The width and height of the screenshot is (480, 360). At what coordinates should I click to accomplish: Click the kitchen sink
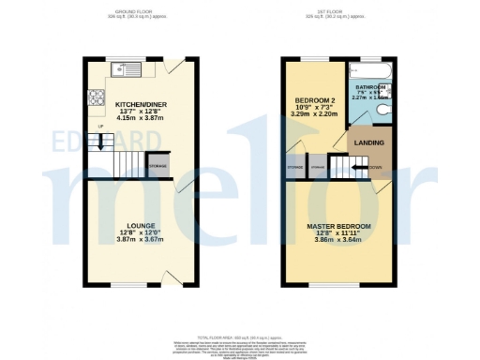click(125, 69)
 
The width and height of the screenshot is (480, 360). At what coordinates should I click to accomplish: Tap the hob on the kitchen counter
click(96, 96)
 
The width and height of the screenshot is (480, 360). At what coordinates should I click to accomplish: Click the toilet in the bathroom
click(388, 110)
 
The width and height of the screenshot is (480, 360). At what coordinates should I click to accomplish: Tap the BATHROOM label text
click(371, 87)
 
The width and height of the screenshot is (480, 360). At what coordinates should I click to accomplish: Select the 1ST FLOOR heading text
click(327, 11)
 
